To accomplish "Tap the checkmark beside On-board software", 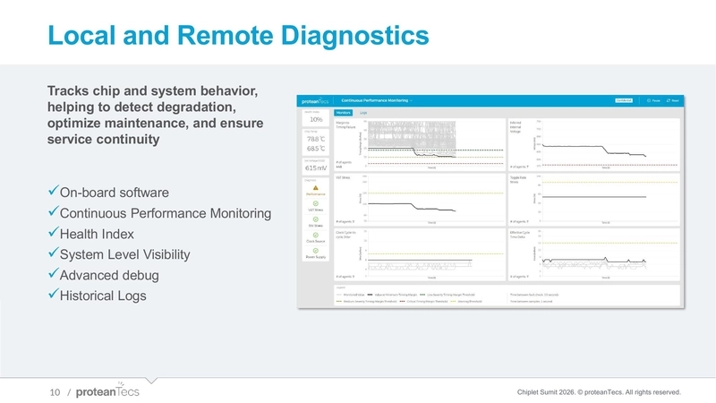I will pos(52,193).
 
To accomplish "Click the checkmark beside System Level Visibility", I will pos(52,255).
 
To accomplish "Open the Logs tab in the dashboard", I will pos(363,113).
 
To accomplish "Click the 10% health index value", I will pos(316,119).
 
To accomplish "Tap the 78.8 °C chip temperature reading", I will pos(316,139).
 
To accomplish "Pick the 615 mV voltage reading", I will pos(316,167).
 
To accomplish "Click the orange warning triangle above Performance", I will pos(316,185).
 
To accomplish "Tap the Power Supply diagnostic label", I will pos(316,257).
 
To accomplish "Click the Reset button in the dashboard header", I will pos(676,101).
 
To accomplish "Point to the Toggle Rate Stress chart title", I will pos(518,179).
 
